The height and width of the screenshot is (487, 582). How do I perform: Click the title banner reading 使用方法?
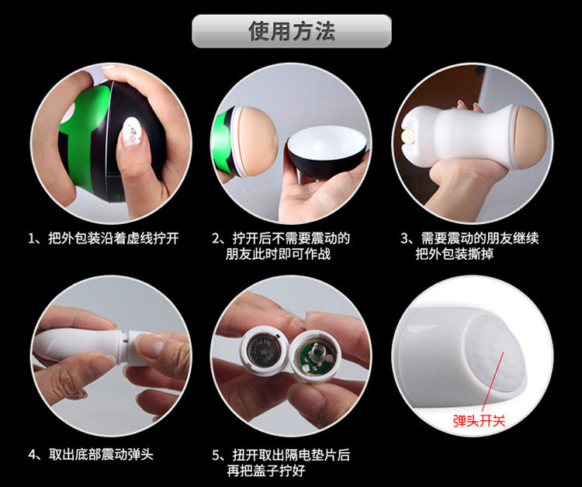[x=291, y=31]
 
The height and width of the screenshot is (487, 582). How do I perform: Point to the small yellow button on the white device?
[x=409, y=135]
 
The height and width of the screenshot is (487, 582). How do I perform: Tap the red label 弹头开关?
[x=479, y=421]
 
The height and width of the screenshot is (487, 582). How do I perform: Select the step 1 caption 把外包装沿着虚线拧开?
[x=113, y=238]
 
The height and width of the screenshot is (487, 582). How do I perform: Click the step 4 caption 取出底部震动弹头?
[x=101, y=454]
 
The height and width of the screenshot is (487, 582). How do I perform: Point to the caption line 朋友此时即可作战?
[x=278, y=254]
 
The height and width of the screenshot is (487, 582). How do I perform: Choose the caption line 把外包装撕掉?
[x=454, y=254]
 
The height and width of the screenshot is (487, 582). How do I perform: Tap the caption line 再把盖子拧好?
[x=266, y=471]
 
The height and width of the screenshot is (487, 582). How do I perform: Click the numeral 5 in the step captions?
[x=216, y=454]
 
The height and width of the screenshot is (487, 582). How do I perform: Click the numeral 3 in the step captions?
[x=404, y=239]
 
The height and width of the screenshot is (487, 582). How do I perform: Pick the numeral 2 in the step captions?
[x=216, y=239]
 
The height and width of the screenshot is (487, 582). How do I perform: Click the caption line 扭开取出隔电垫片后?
[x=291, y=454]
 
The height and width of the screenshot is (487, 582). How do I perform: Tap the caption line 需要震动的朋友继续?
[x=480, y=238]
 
